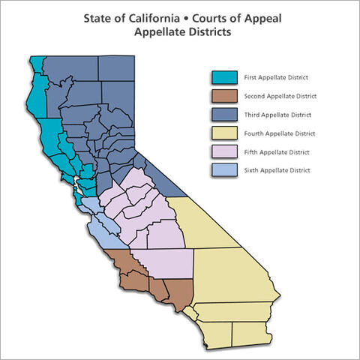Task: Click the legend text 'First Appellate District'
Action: (277, 77)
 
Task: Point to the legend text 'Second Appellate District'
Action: (280, 96)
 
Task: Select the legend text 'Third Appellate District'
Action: (277, 115)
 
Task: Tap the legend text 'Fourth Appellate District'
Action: (279, 133)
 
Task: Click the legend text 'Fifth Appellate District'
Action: (276, 152)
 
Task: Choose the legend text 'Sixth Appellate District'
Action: (277, 171)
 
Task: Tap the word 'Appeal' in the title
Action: (247, 18)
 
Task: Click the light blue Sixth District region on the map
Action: (102, 221)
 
